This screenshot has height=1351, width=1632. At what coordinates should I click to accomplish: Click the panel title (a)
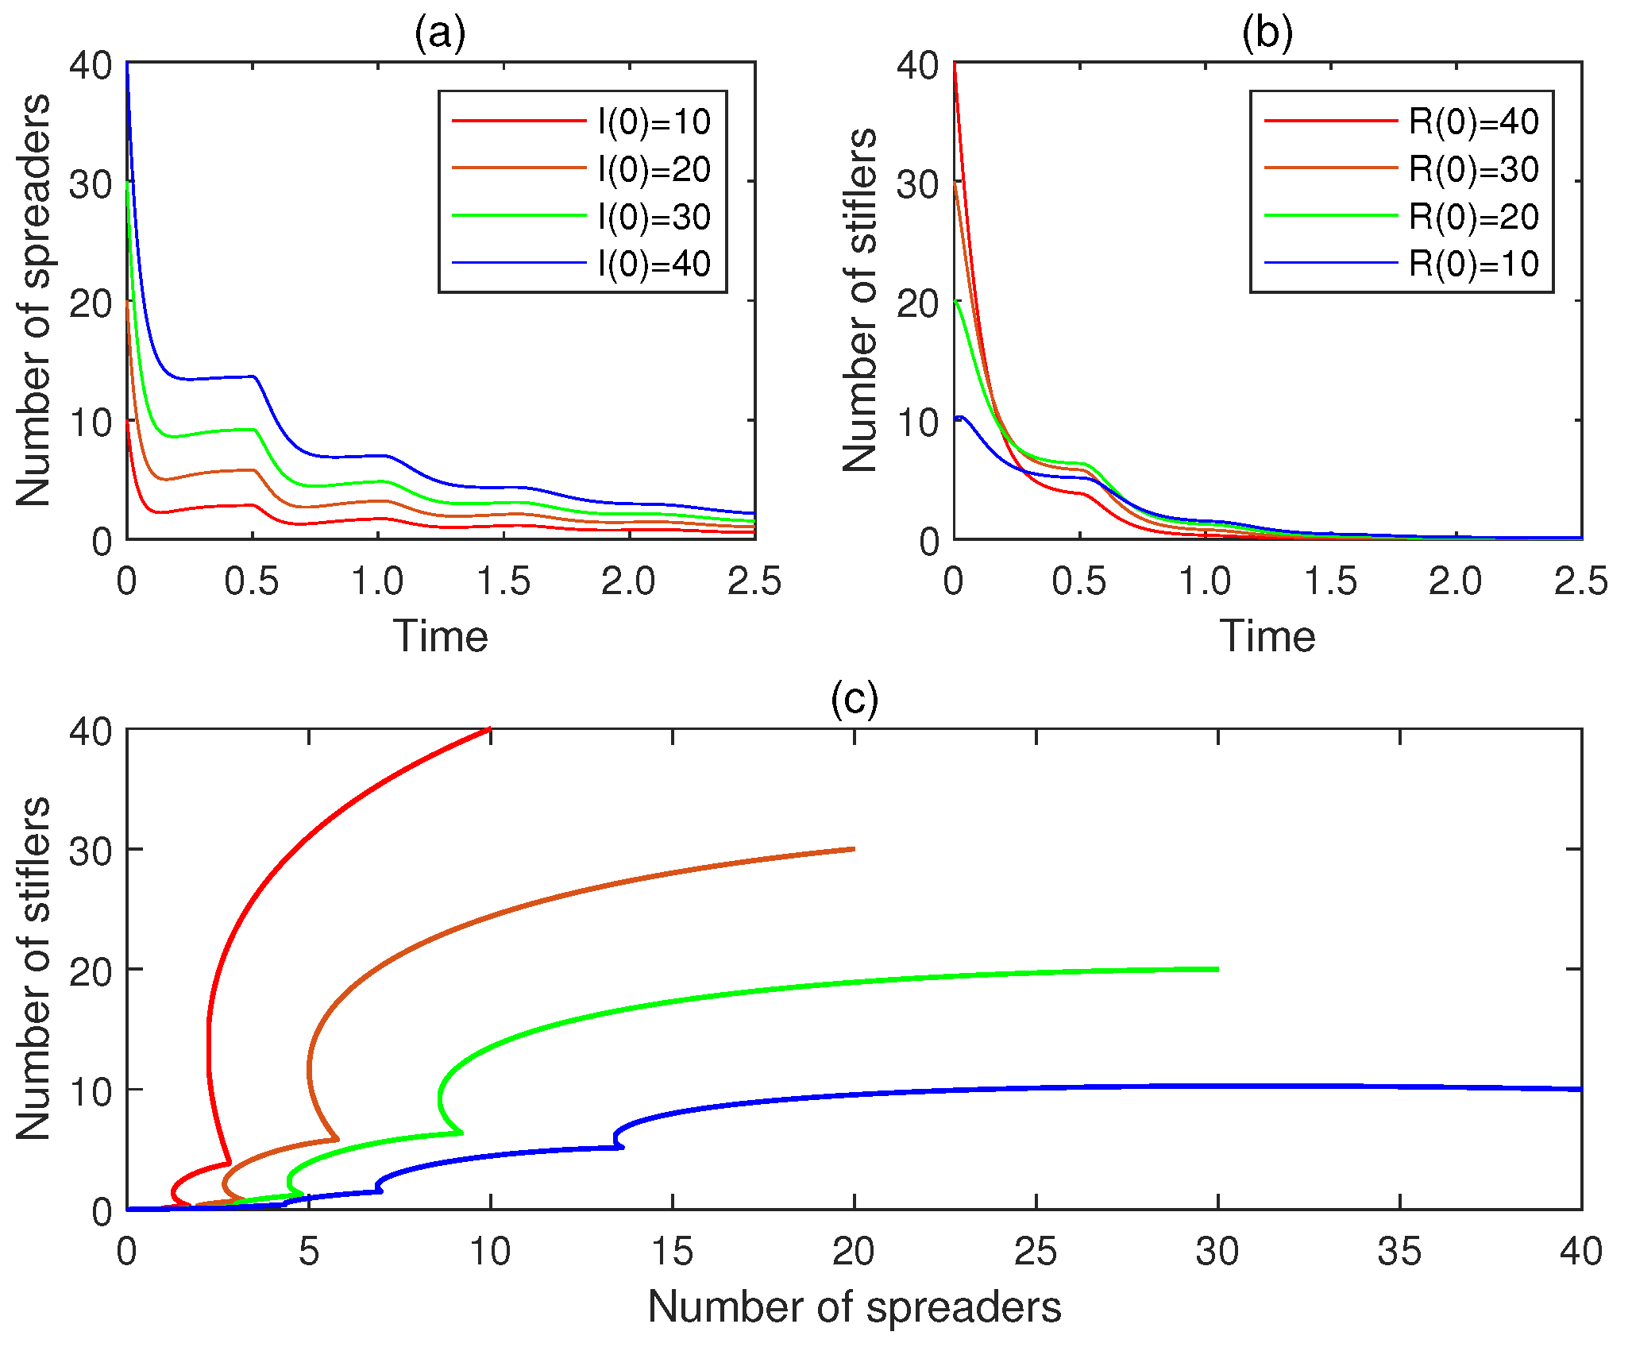coord(440,33)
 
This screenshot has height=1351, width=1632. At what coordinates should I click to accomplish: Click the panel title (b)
coord(1267,33)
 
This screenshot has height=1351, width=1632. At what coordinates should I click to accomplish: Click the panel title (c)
coord(855,700)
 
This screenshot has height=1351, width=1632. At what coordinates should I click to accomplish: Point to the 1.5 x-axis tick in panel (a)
coord(503,582)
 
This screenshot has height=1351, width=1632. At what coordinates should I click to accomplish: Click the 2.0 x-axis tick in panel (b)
coord(1456,582)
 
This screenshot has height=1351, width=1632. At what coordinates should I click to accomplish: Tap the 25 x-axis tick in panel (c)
coord(1036,1252)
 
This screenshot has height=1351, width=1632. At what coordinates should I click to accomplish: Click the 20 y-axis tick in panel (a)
coord(91,303)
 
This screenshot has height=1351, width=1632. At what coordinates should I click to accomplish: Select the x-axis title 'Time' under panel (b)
coord(1267,636)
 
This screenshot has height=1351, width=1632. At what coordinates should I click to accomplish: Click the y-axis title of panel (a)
coord(33,300)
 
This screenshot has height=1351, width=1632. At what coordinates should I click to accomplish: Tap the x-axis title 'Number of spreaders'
coord(855,1307)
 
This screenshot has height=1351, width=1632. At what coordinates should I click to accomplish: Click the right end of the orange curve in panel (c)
coord(854,849)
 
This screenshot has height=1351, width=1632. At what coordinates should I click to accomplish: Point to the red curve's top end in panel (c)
coord(490,729)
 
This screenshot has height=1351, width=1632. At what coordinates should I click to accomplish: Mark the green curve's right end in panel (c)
coord(1217,969)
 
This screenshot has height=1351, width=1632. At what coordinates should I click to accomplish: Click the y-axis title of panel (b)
coord(861,300)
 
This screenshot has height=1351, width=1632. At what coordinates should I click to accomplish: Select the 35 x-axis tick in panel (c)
coord(1399,1252)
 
